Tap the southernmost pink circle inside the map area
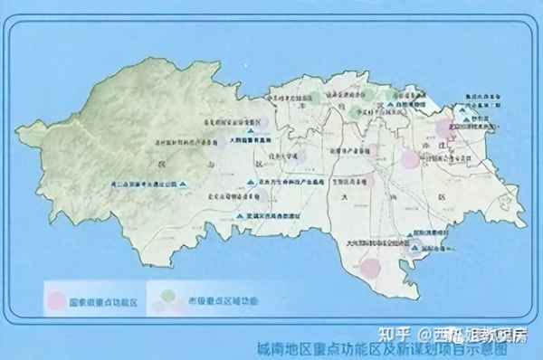pos(370,268)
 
